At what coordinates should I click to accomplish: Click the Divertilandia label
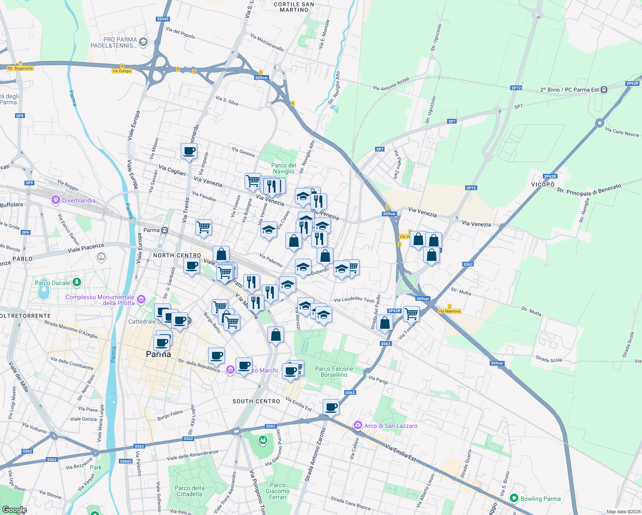tap(79, 200)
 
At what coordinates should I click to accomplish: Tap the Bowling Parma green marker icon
tap(514, 498)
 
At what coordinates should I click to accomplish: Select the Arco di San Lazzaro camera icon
tap(357, 425)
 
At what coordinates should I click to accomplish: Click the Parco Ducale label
tap(52, 283)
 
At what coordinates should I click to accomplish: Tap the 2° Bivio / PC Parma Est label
tap(569, 90)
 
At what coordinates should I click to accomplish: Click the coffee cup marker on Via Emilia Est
tap(331, 406)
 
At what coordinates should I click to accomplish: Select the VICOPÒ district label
tap(543, 185)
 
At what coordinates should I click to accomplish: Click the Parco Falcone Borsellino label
tap(334, 372)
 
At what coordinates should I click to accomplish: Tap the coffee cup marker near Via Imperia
tap(189, 151)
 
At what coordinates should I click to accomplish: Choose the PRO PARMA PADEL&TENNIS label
tap(114, 42)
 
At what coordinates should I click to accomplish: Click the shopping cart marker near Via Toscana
tap(411, 314)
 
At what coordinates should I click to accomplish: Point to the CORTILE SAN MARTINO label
tap(294, 7)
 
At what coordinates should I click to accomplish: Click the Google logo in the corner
tap(14, 509)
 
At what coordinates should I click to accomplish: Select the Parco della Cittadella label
tap(189, 491)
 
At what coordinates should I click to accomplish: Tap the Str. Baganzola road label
tap(20, 68)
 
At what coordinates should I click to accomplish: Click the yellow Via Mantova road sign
tap(449, 311)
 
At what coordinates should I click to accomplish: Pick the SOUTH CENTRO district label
tap(256, 401)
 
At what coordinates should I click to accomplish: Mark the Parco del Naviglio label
tap(284, 168)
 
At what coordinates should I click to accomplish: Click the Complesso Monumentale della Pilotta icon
tap(141, 299)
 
